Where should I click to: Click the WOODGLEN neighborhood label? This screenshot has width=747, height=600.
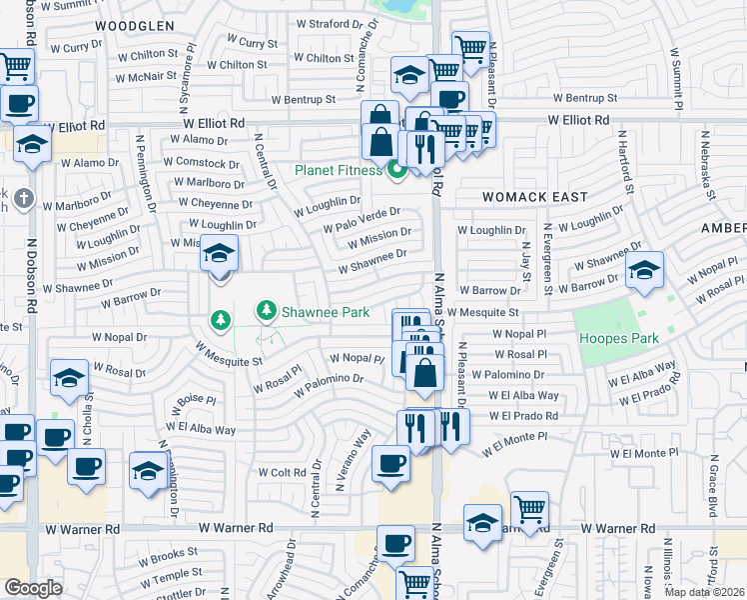[x=135, y=25]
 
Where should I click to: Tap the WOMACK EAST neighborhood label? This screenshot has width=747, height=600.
[x=535, y=197]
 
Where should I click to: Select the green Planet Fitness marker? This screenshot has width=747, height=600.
[x=396, y=170]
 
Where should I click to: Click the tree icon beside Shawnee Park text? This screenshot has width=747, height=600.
[x=266, y=312]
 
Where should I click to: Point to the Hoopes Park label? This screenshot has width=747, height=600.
[x=619, y=338]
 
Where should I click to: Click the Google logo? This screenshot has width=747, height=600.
[x=33, y=588]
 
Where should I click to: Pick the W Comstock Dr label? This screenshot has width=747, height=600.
[x=202, y=162]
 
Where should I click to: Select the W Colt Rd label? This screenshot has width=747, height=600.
[x=283, y=472]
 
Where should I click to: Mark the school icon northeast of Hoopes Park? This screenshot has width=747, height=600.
[x=644, y=271]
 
